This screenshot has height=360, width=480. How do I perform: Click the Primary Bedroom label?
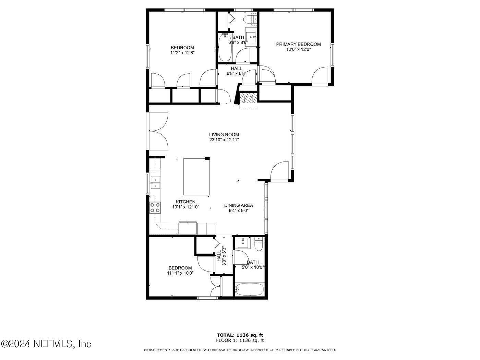tap(298, 44)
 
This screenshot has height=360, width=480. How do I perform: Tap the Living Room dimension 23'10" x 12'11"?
tap(224, 140)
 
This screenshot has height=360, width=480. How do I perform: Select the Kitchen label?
tap(185, 202)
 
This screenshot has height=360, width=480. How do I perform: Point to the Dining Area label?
tap(239, 205)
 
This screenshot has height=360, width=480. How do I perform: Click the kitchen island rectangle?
tap(196, 177)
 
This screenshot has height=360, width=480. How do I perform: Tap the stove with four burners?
tap(155, 208)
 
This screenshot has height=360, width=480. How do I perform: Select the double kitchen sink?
tap(155, 182)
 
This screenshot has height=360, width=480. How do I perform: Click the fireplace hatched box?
tap(248, 98)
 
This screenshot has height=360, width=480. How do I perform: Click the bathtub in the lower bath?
tap(250, 289)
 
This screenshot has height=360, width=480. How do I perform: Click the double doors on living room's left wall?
tap(158, 131)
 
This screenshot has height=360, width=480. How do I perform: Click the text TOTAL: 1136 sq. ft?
tap(240, 335)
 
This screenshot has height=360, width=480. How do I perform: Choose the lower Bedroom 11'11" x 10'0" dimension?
tap(180, 273)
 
